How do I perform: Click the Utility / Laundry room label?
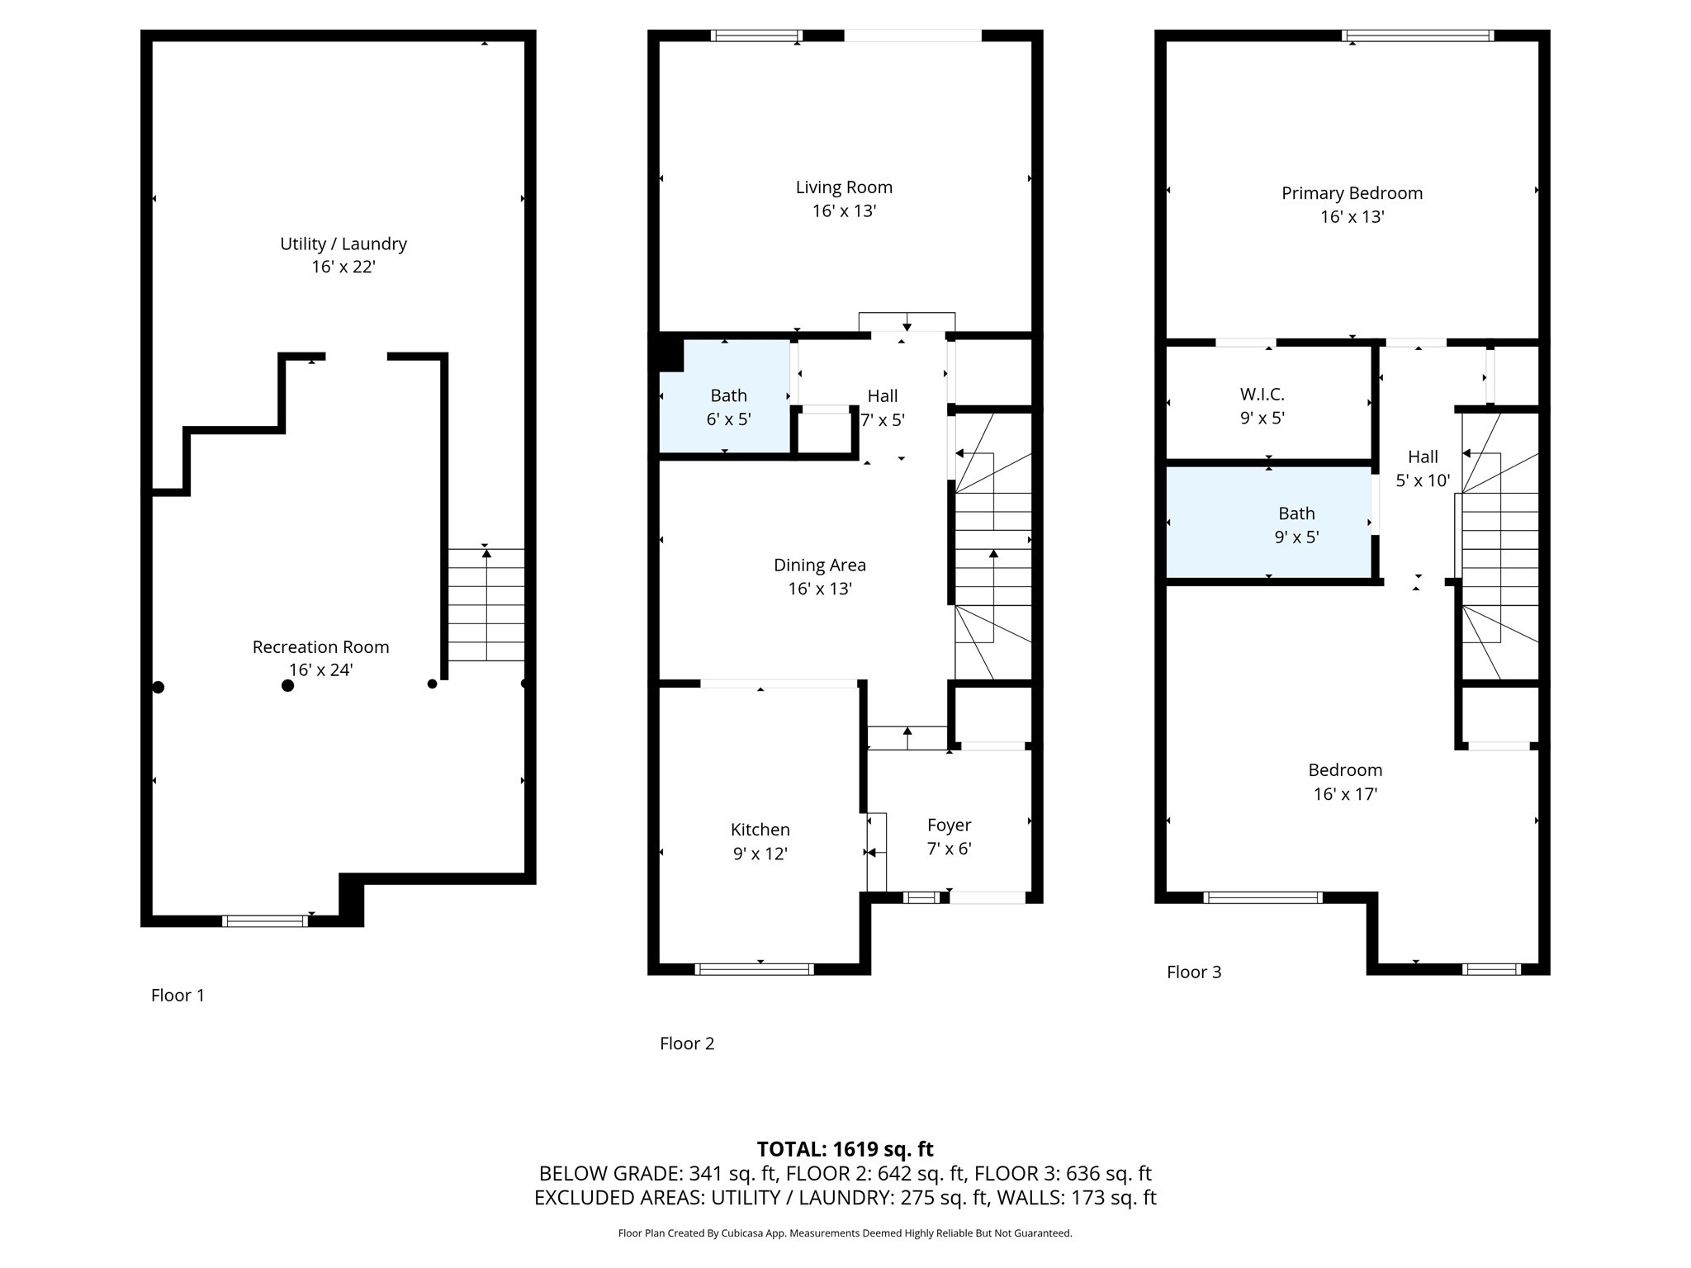343,244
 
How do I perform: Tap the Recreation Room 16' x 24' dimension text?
320,670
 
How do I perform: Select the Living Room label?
844,187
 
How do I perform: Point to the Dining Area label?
819,565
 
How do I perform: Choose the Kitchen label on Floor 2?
760,830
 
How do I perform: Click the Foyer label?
949,826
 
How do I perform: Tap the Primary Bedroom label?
1352,193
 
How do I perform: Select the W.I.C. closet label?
1262,395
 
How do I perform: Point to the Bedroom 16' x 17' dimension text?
1345,794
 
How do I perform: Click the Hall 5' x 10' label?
1423,457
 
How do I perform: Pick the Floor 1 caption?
178,996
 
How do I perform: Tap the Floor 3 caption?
1193,972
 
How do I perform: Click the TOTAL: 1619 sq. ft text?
845,1149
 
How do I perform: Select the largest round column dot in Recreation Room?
287,685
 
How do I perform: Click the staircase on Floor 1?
486,604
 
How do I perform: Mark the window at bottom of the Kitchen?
754,969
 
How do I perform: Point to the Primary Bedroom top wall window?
1418,35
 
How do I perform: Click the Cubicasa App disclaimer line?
845,1233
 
